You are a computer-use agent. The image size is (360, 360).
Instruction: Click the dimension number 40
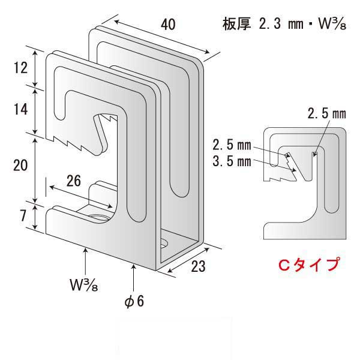(x=168, y=25)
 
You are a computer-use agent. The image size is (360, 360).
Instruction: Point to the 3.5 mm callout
(x=232, y=161)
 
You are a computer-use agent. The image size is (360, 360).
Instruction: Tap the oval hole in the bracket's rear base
(x=164, y=244)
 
